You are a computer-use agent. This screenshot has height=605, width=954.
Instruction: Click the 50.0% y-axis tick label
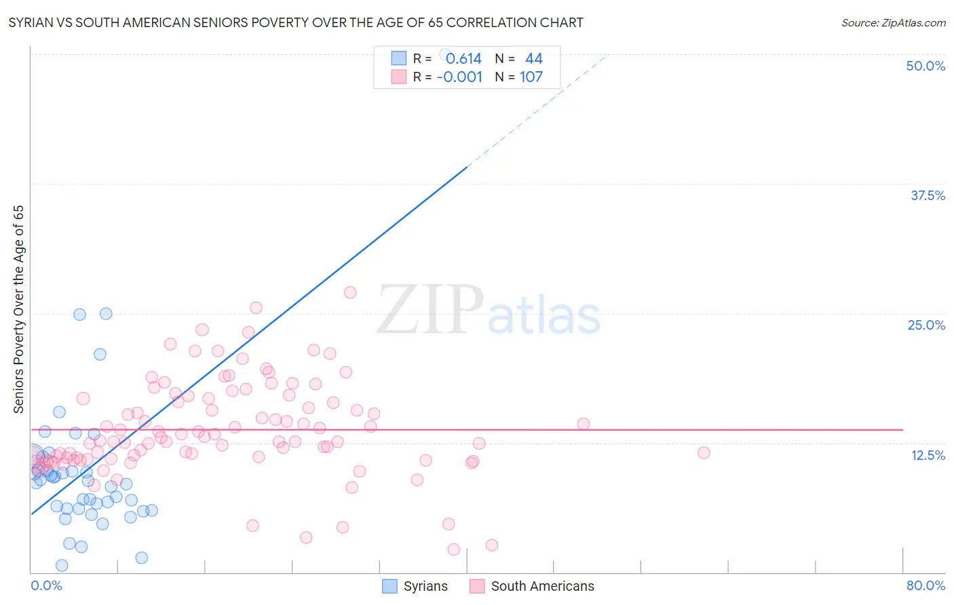(x=926, y=66)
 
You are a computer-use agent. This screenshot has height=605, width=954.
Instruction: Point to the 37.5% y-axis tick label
(x=928, y=195)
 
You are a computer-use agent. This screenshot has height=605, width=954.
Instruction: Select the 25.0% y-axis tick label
(x=926, y=325)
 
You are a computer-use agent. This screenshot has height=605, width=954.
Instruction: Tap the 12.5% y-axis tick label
(x=928, y=455)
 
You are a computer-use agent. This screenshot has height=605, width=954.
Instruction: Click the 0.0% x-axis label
(x=46, y=585)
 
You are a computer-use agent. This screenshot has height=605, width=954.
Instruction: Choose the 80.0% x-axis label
(x=926, y=585)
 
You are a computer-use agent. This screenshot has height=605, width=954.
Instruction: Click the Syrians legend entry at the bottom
(x=415, y=586)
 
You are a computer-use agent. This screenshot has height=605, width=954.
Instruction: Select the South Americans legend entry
(x=532, y=586)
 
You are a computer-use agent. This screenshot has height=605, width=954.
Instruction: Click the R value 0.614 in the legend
(x=463, y=59)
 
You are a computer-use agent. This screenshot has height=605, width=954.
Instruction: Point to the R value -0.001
(x=459, y=77)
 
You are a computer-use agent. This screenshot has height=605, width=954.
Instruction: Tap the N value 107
(x=531, y=77)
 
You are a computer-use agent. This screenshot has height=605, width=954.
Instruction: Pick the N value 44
(x=533, y=59)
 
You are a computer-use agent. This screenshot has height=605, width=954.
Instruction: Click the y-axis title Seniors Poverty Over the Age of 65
(x=19, y=309)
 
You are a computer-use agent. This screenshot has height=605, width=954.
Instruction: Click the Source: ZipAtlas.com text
(x=893, y=23)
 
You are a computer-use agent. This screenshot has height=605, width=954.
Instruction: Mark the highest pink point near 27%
(x=350, y=292)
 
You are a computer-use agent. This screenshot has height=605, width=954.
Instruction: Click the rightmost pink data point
(x=704, y=452)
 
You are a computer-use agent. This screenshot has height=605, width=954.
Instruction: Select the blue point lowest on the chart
(x=62, y=565)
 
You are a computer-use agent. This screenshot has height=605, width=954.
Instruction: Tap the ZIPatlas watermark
(x=489, y=311)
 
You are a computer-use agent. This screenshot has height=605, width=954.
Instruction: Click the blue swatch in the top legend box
(x=398, y=59)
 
